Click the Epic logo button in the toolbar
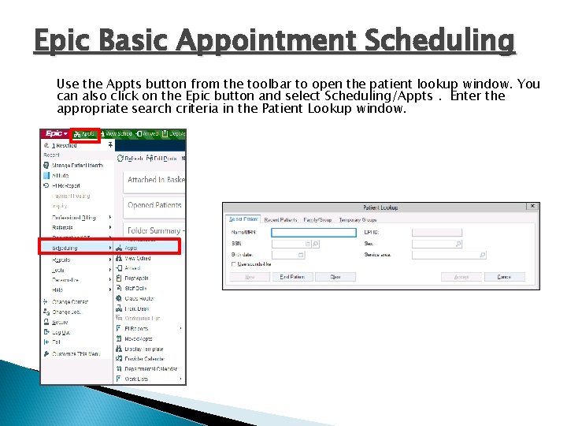click(55, 134)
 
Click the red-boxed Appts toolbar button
click(85, 134)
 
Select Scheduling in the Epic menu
click(65, 248)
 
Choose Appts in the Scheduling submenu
click(132, 248)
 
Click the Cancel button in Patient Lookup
click(504, 277)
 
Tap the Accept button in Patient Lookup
click(461, 277)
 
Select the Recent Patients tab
click(281, 219)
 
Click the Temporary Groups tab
click(358, 219)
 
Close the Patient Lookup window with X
click(532, 207)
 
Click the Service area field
click(448, 255)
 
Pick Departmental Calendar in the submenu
click(150, 368)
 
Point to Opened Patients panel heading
click(154, 205)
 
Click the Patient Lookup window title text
click(380, 207)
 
